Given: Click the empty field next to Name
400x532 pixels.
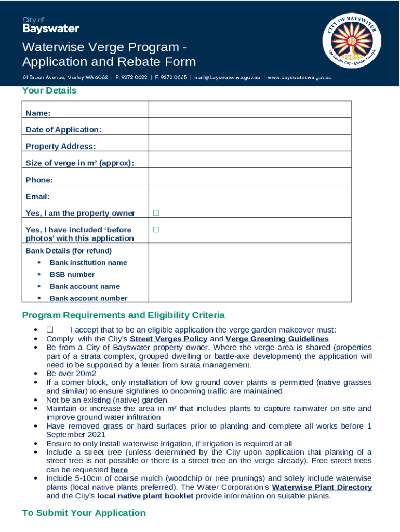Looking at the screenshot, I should pyautogui.click(x=249, y=110).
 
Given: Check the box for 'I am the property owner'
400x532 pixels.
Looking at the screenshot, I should pyautogui.click(x=156, y=213).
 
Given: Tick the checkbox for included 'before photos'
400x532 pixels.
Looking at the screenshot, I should pyautogui.click(x=156, y=230).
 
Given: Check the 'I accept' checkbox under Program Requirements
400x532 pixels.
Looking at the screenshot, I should pyautogui.click(x=50, y=329).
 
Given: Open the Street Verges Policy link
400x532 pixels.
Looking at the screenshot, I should pyautogui.click(x=168, y=339).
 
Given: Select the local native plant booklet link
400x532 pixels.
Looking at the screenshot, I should pyautogui.click(x=145, y=496).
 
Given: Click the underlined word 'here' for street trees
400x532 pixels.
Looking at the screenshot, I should pyautogui.click(x=119, y=470).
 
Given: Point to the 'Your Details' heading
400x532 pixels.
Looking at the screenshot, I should pyautogui.click(x=49, y=91).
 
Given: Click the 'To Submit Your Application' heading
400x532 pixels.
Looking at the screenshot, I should pyautogui.click(x=84, y=513).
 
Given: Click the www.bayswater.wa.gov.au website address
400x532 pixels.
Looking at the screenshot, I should pyautogui.click(x=300, y=78).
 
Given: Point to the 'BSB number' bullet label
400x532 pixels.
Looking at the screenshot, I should pyautogui.click(x=72, y=274).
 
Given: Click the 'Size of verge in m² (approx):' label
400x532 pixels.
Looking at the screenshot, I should pyautogui.click(x=80, y=163).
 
